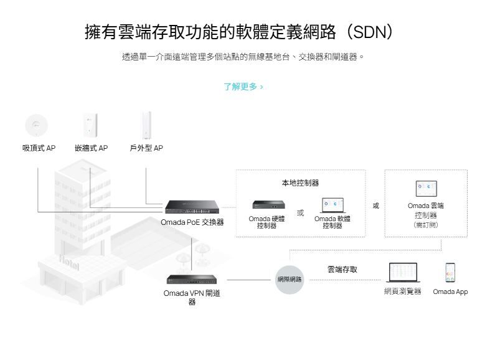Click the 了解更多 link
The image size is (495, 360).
(243, 87)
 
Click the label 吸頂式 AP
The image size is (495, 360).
(39, 148)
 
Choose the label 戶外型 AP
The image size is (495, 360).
(146, 148)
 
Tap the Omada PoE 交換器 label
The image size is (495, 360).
(194, 222)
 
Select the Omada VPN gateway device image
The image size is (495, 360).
(192, 280)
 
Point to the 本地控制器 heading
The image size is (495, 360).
(300, 183)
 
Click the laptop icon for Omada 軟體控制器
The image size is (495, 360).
(332, 206)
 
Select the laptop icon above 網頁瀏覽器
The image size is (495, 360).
(403, 273)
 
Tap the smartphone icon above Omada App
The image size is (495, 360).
(450, 272)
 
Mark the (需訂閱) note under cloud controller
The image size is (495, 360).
(426, 225)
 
